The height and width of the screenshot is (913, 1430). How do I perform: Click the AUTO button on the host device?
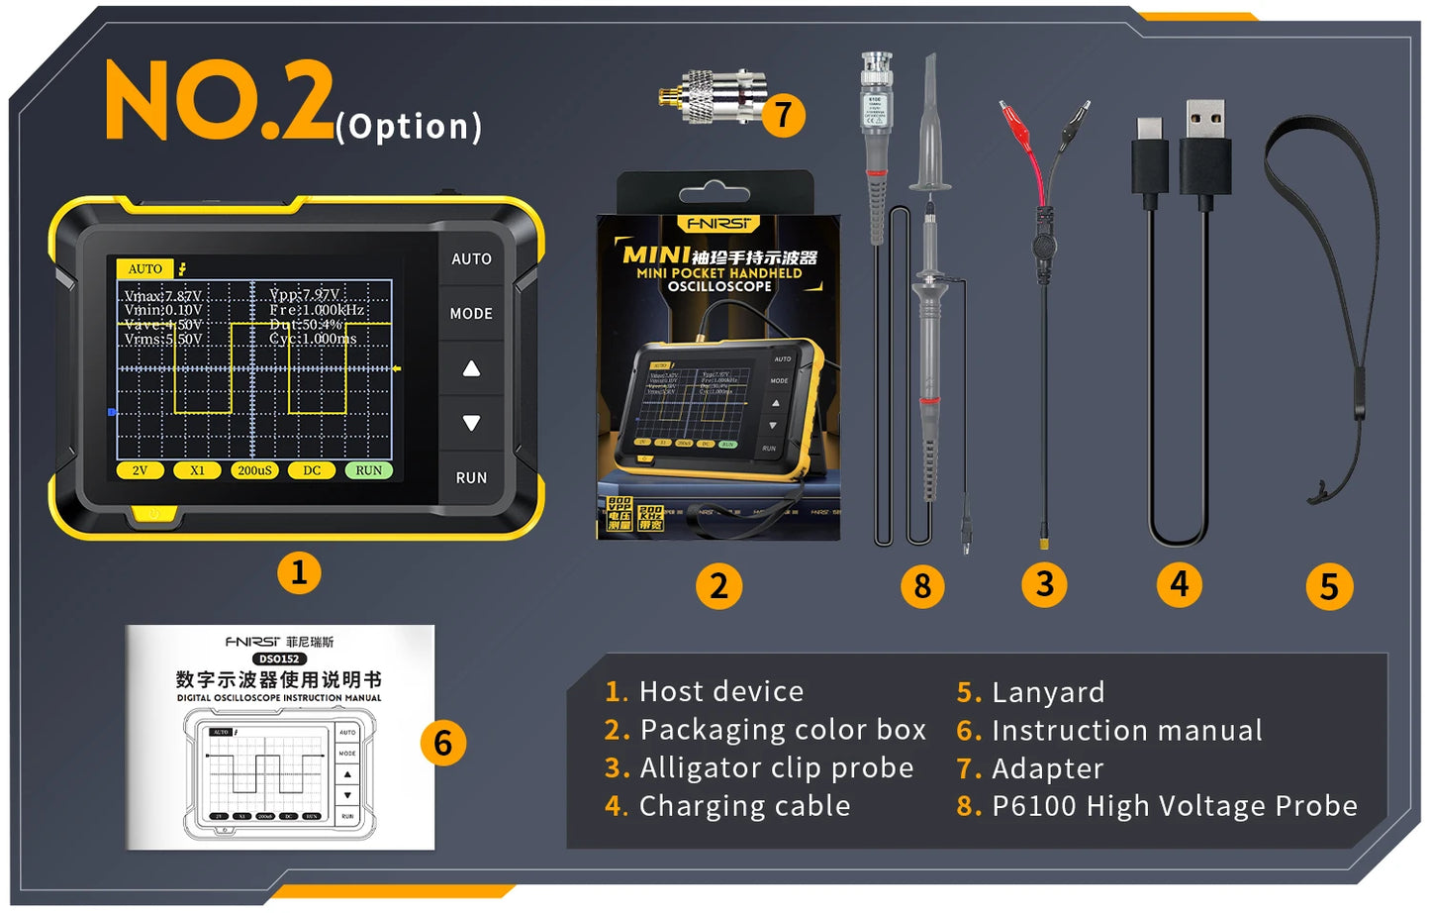click(x=471, y=258)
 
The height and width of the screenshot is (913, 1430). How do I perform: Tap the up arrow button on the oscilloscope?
click(x=471, y=368)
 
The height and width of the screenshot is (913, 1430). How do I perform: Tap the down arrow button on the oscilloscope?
click(x=471, y=423)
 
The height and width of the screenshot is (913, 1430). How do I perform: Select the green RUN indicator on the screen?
click(x=368, y=470)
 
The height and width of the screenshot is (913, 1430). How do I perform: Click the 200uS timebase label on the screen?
click(x=254, y=470)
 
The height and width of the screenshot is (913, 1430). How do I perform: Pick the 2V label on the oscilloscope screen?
click(x=140, y=470)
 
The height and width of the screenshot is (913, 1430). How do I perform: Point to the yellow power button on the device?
click(x=152, y=514)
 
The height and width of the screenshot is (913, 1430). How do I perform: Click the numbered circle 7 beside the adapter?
click(x=783, y=115)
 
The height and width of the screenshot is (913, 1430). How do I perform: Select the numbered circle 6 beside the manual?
click(x=442, y=743)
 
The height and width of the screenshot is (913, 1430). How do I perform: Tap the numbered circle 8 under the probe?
click(x=922, y=586)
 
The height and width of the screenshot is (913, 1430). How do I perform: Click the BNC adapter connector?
click(x=713, y=96)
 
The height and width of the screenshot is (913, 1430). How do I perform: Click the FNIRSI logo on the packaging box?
click(x=719, y=224)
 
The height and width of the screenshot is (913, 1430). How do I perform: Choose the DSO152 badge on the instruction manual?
click(x=279, y=659)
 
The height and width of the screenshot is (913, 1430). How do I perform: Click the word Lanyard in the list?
click(x=1047, y=692)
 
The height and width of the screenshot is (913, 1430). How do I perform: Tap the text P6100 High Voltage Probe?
click(x=1174, y=806)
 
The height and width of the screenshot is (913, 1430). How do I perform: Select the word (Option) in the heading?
click(x=409, y=127)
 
